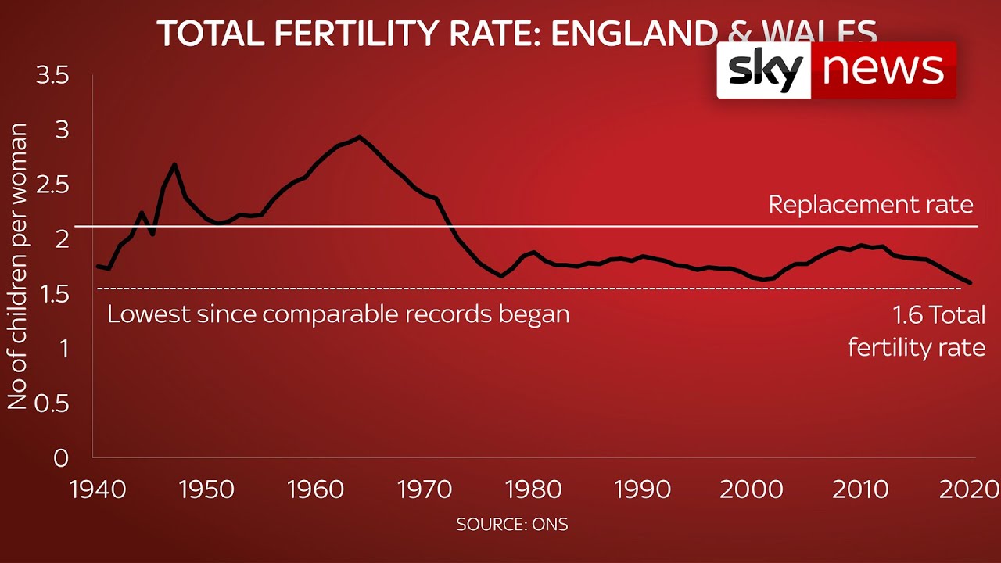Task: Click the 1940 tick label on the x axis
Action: tap(98, 489)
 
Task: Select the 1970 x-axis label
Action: tap(424, 489)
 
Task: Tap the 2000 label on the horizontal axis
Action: tap(751, 489)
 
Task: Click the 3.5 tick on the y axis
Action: tap(52, 75)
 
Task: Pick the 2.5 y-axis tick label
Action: tap(52, 185)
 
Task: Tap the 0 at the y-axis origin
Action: tap(61, 458)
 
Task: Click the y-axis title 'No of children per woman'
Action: tap(17, 266)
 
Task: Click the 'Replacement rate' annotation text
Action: tap(870, 205)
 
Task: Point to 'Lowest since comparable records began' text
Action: tap(338, 314)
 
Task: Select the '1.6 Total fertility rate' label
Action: tap(917, 331)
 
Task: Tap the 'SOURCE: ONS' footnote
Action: tap(512, 525)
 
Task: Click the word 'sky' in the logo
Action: tap(765, 70)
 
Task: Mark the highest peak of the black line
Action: tap(359, 137)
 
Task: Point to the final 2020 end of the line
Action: tap(971, 282)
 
